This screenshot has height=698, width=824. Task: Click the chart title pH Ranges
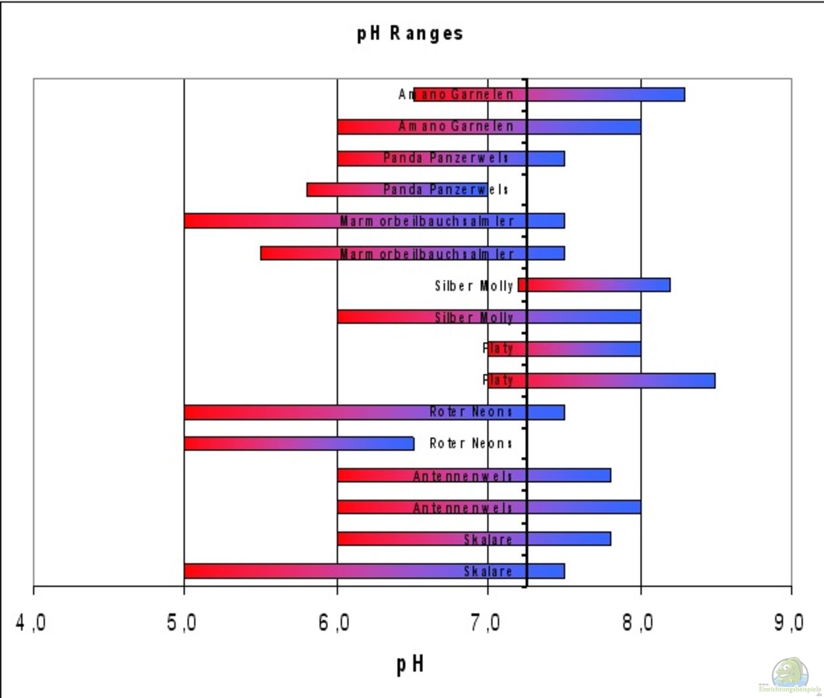[410, 34]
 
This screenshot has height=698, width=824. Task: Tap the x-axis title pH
[410, 664]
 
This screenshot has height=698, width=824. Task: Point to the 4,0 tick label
[30, 623]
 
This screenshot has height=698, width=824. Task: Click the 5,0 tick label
[181, 623]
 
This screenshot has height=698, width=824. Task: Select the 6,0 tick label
[335, 623]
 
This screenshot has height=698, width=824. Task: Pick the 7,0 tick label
[486, 623]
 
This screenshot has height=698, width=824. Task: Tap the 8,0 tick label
[639, 623]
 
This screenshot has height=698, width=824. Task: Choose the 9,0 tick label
[789, 623]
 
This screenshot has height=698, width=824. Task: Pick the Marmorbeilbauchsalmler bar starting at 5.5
[413, 253]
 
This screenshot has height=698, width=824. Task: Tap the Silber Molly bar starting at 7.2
[594, 285]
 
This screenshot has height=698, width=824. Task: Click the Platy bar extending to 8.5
[601, 380]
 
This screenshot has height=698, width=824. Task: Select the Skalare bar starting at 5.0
[375, 571]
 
